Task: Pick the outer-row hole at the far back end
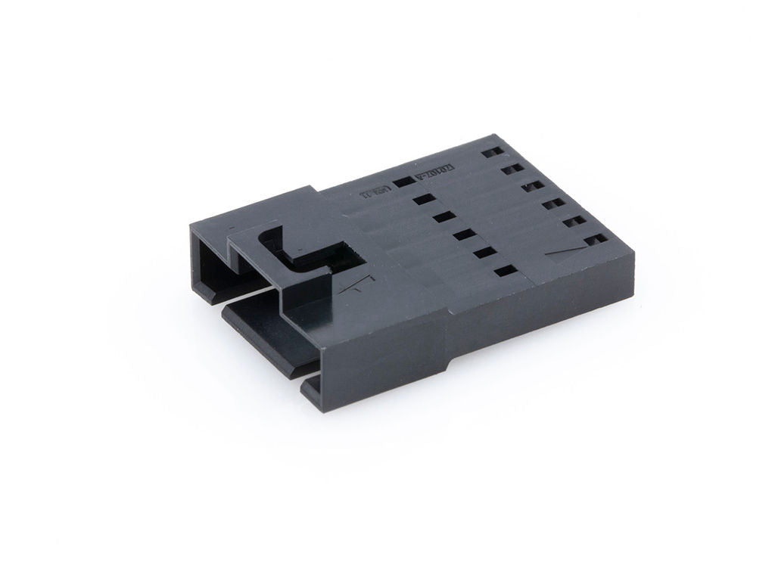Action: point(493,151)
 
